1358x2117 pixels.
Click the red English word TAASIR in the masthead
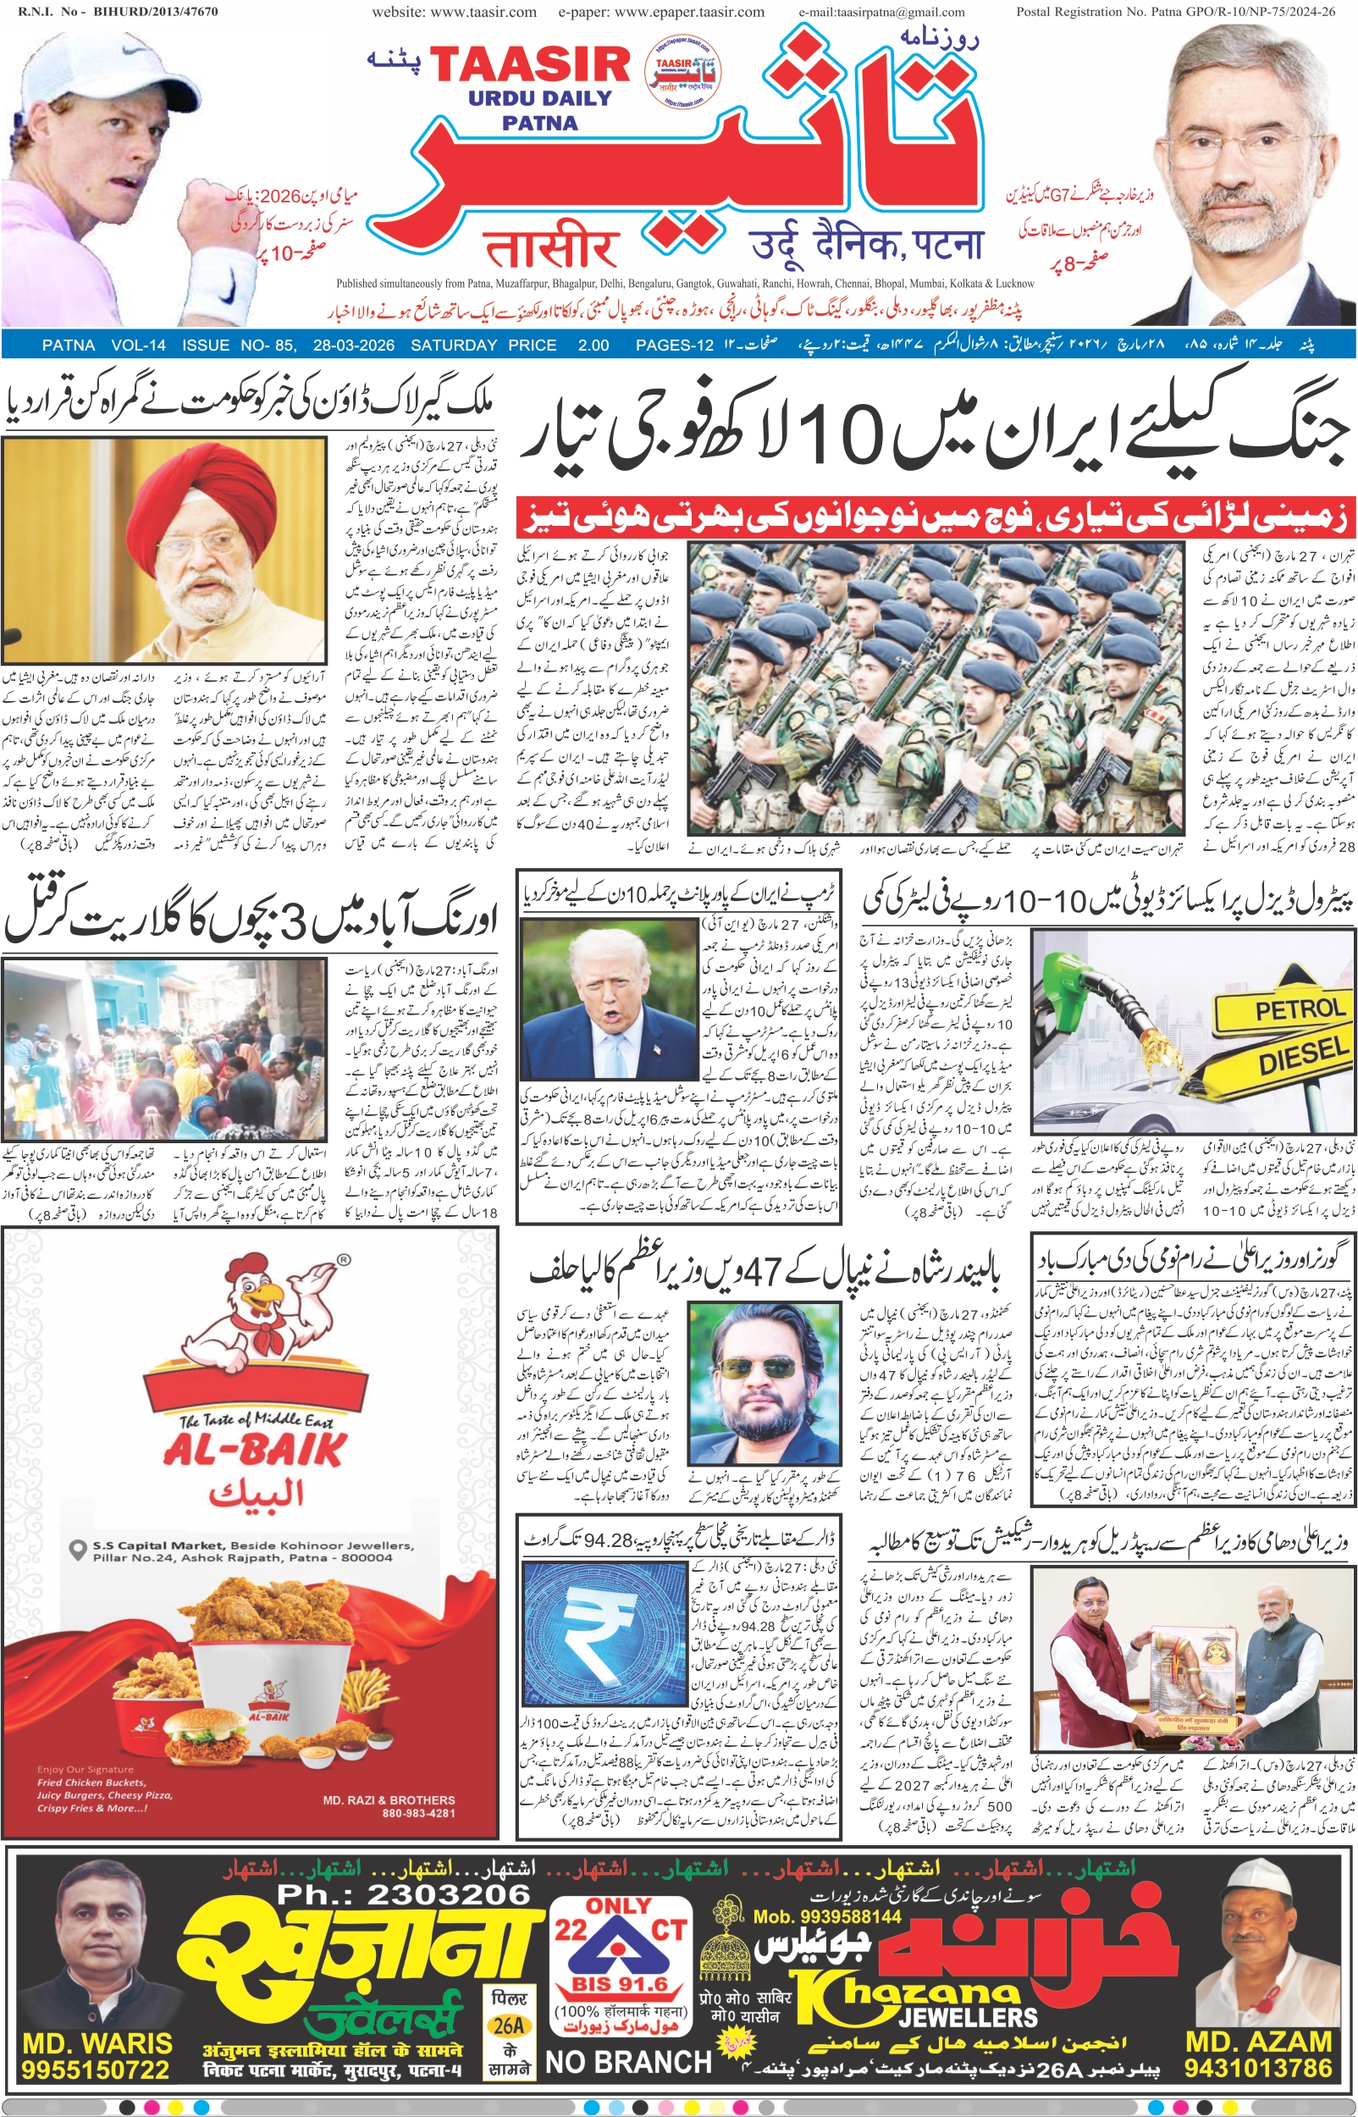(x=529, y=65)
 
